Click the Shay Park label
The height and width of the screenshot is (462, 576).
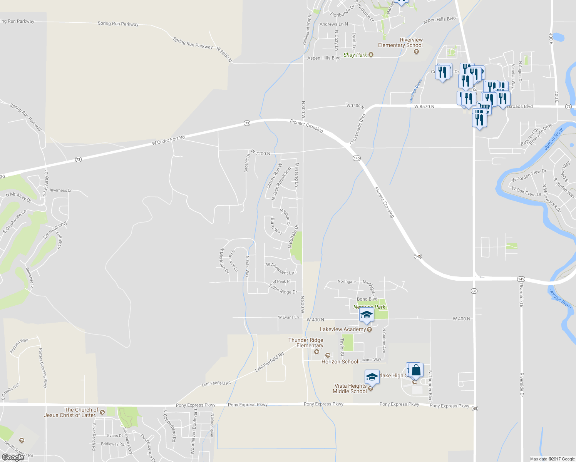point(355,55)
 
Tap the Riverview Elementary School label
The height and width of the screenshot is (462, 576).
point(400,42)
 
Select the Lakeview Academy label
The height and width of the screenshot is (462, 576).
point(343,329)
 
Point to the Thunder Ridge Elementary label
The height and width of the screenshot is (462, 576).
point(306,343)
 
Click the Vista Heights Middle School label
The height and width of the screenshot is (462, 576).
point(350,388)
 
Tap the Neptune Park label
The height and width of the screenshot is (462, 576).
point(370,307)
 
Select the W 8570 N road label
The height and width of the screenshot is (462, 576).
point(424,106)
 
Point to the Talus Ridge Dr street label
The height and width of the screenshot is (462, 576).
point(283,289)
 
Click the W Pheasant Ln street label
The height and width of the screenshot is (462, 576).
point(280,269)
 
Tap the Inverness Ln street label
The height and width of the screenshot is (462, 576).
point(61,190)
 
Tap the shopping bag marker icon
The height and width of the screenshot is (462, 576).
point(416,370)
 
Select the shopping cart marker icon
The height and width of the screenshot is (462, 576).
point(484,107)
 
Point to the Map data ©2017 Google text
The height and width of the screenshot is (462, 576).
point(552,459)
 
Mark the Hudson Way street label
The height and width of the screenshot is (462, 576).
point(19,346)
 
